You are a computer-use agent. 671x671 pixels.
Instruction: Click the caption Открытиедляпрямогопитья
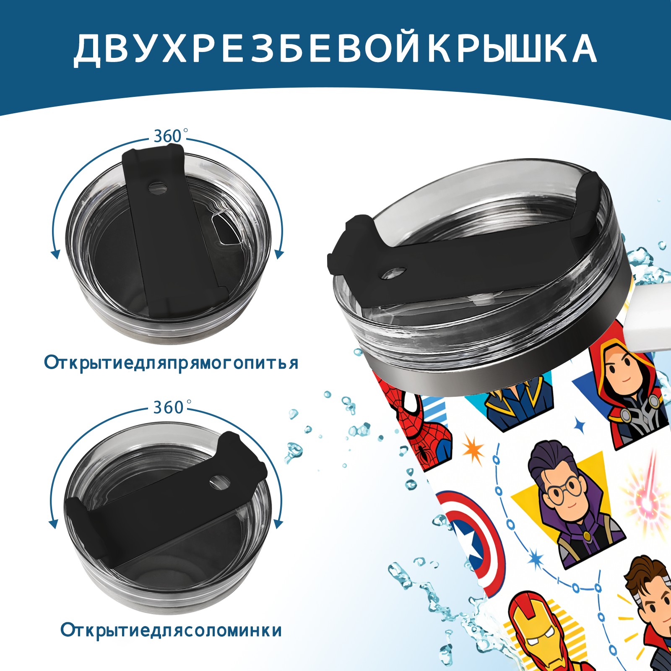pos(171,363)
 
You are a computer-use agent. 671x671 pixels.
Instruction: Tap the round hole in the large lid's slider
pos(394,273)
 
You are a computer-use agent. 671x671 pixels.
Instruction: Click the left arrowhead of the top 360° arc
pos(55,254)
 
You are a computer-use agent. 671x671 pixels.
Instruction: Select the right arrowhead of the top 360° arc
pos(279,254)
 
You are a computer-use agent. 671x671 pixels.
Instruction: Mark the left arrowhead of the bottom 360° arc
pos(54,524)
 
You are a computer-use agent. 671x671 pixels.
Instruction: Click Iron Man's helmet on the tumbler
pos(536,625)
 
